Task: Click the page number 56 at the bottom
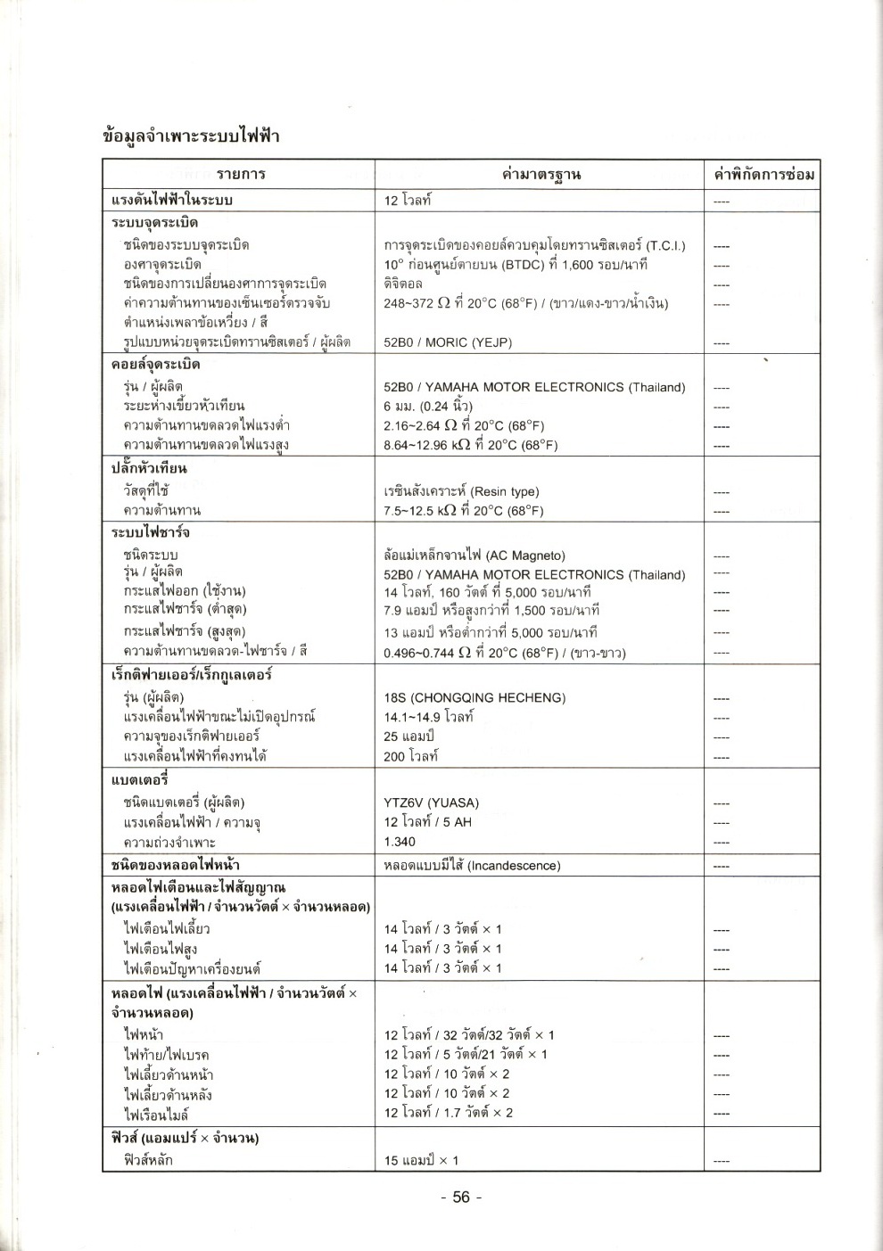(x=461, y=1198)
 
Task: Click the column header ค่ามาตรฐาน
(x=541, y=174)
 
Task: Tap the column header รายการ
(x=241, y=174)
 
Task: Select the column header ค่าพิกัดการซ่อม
(x=763, y=174)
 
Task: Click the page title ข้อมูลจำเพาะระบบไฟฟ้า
(x=192, y=136)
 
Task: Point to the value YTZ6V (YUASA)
(x=431, y=802)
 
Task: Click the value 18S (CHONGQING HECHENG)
(x=475, y=697)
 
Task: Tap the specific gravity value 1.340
(x=400, y=842)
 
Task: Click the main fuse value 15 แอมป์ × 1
(x=421, y=1160)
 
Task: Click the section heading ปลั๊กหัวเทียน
(x=149, y=468)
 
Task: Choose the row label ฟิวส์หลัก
(x=149, y=1160)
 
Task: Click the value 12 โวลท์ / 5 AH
(x=427, y=822)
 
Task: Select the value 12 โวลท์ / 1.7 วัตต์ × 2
(x=449, y=1113)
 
